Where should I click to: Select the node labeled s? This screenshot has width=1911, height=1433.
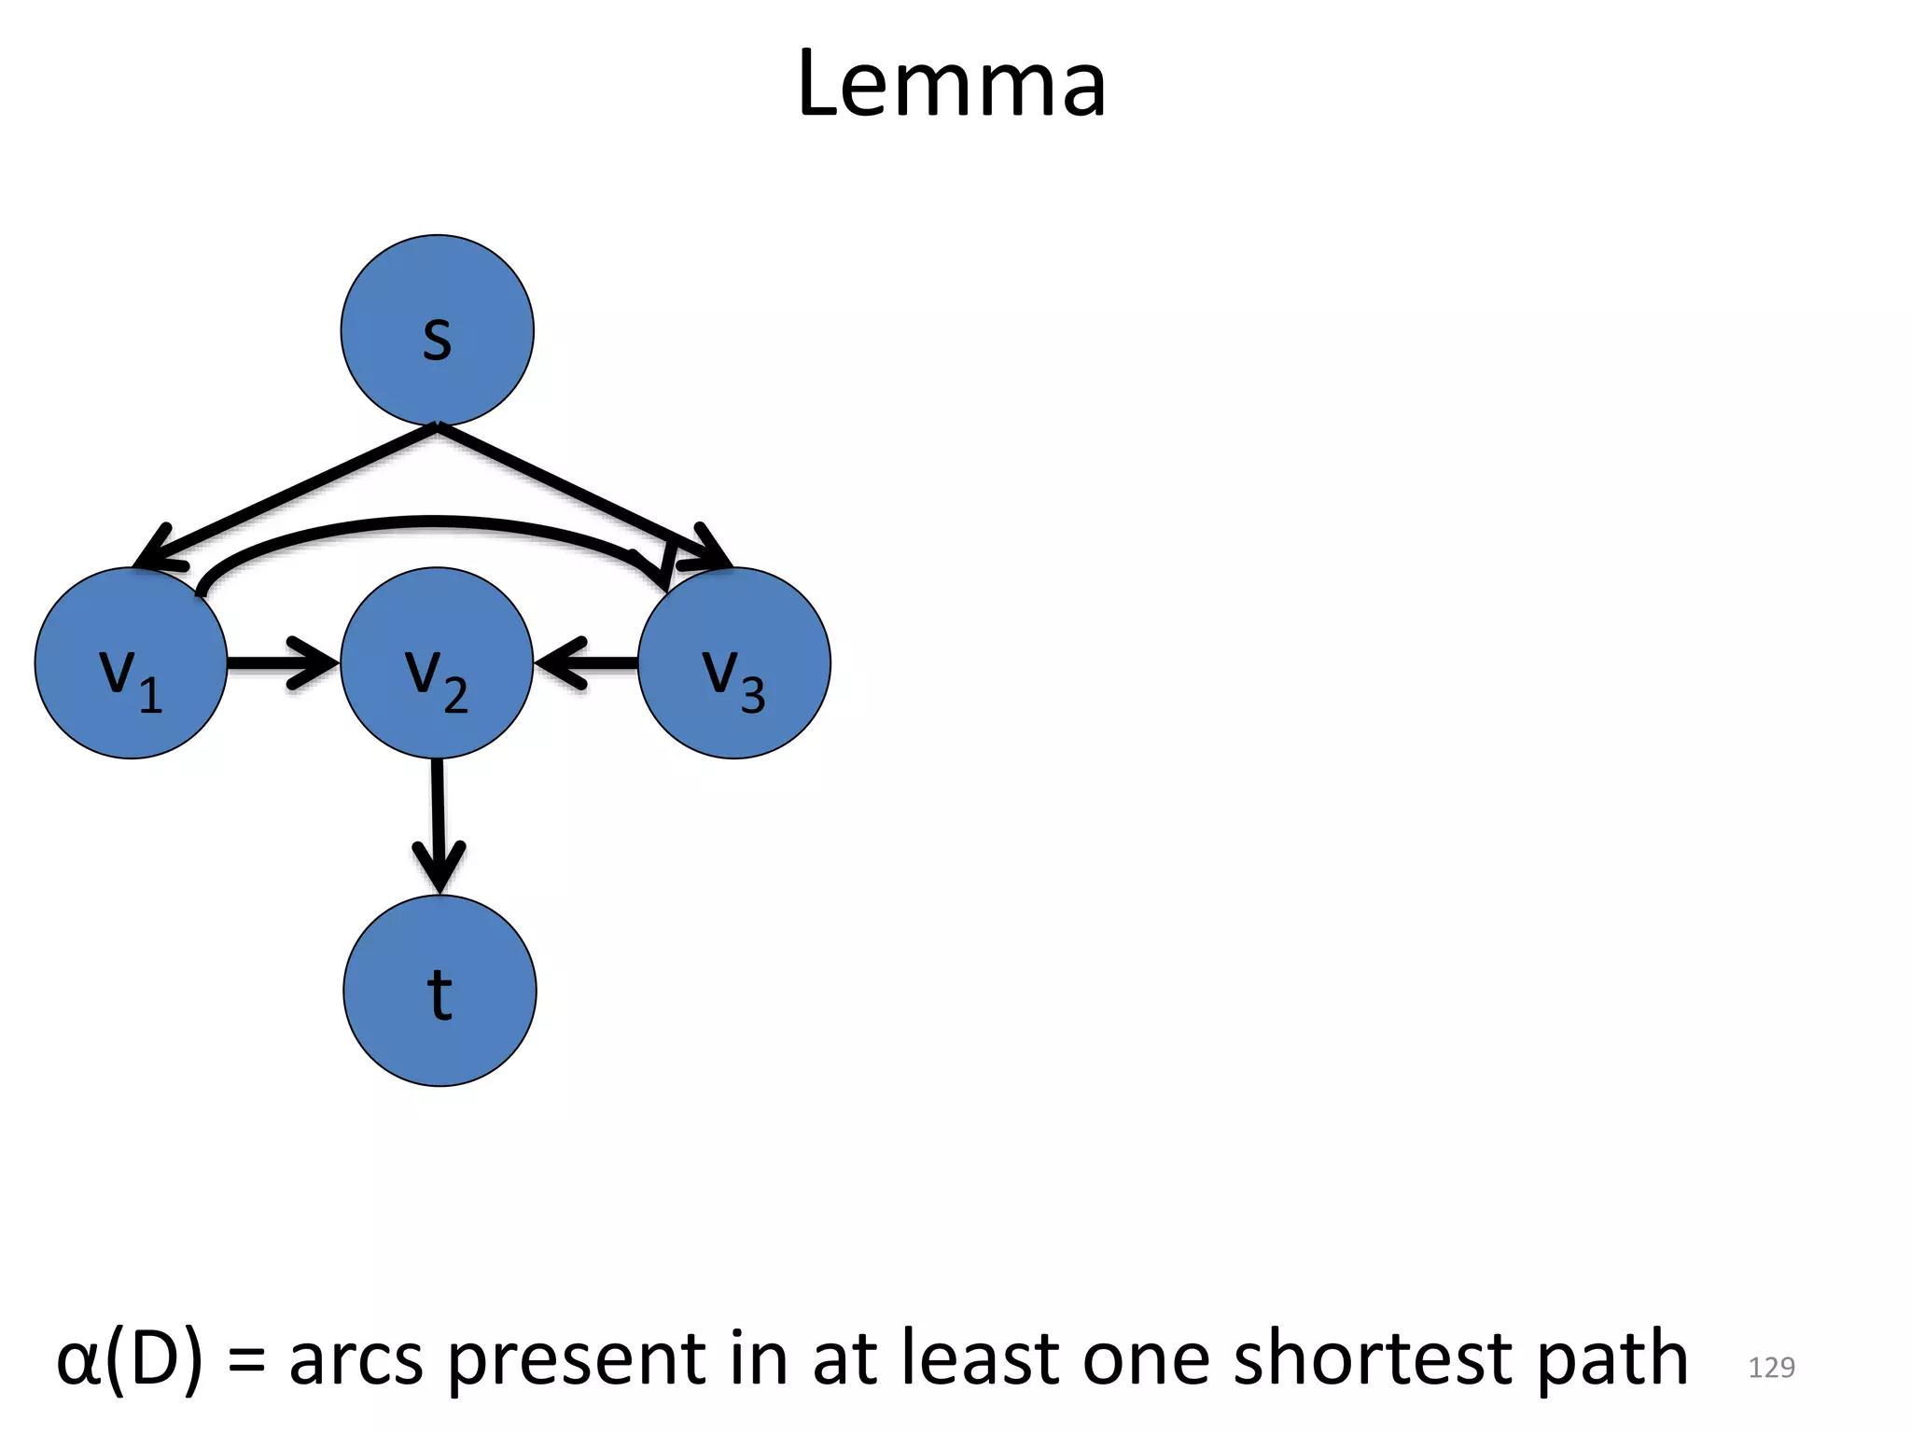click(x=437, y=331)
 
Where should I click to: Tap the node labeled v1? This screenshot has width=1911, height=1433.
click(x=131, y=663)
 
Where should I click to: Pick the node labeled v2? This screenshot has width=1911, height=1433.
click(x=437, y=663)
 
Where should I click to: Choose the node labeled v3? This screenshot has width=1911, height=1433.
click(x=734, y=663)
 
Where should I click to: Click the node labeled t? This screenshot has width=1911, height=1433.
click(x=439, y=991)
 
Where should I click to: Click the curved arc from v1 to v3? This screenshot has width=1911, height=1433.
click(x=429, y=522)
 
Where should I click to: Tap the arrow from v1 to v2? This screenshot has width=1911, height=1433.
click(x=280, y=663)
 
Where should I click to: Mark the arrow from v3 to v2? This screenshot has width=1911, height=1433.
click(x=588, y=663)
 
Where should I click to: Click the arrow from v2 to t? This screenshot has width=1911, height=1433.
click(x=438, y=821)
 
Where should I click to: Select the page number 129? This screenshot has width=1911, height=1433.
click(x=1771, y=1368)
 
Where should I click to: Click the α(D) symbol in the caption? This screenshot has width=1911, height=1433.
click(x=129, y=1360)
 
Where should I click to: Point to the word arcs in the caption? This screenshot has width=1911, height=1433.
click(x=356, y=1360)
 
